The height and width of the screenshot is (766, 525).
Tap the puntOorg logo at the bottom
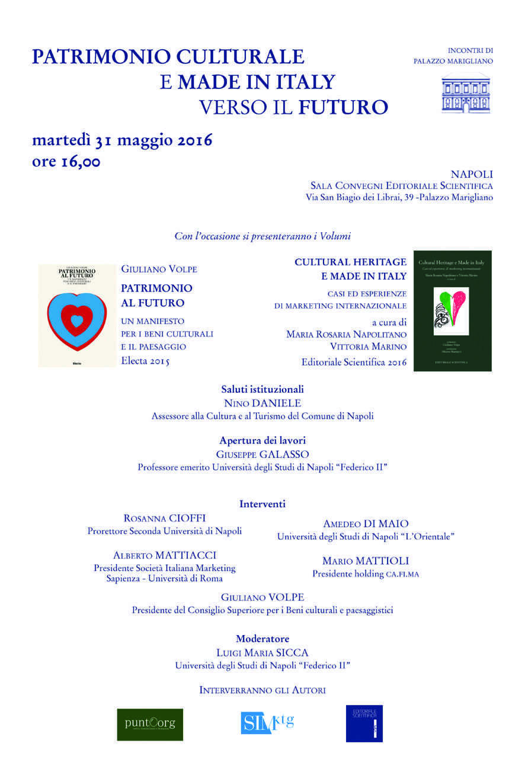(150, 724)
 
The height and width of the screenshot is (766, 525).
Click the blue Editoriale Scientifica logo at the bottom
(364, 723)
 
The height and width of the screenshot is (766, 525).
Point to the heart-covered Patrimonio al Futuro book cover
(76, 316)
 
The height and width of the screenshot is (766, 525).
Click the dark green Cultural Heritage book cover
(452, 311)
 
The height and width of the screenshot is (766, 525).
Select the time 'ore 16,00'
(66, 162)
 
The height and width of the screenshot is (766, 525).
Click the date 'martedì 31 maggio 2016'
(122, 141)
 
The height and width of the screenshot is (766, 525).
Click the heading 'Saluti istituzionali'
(262, 389)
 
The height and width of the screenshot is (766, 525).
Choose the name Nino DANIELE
(262, 403)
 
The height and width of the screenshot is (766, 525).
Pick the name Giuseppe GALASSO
(262, 454)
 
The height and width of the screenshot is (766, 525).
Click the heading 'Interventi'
(262, 504)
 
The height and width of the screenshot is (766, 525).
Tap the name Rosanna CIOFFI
(165, 518)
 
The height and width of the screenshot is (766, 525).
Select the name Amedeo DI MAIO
(366, 524)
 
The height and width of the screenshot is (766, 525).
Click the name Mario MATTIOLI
(366, 560)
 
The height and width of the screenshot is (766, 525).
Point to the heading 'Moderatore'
(262, 639)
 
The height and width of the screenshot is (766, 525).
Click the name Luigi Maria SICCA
(262, 652)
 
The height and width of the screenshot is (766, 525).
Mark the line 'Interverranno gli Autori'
(262, 690)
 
